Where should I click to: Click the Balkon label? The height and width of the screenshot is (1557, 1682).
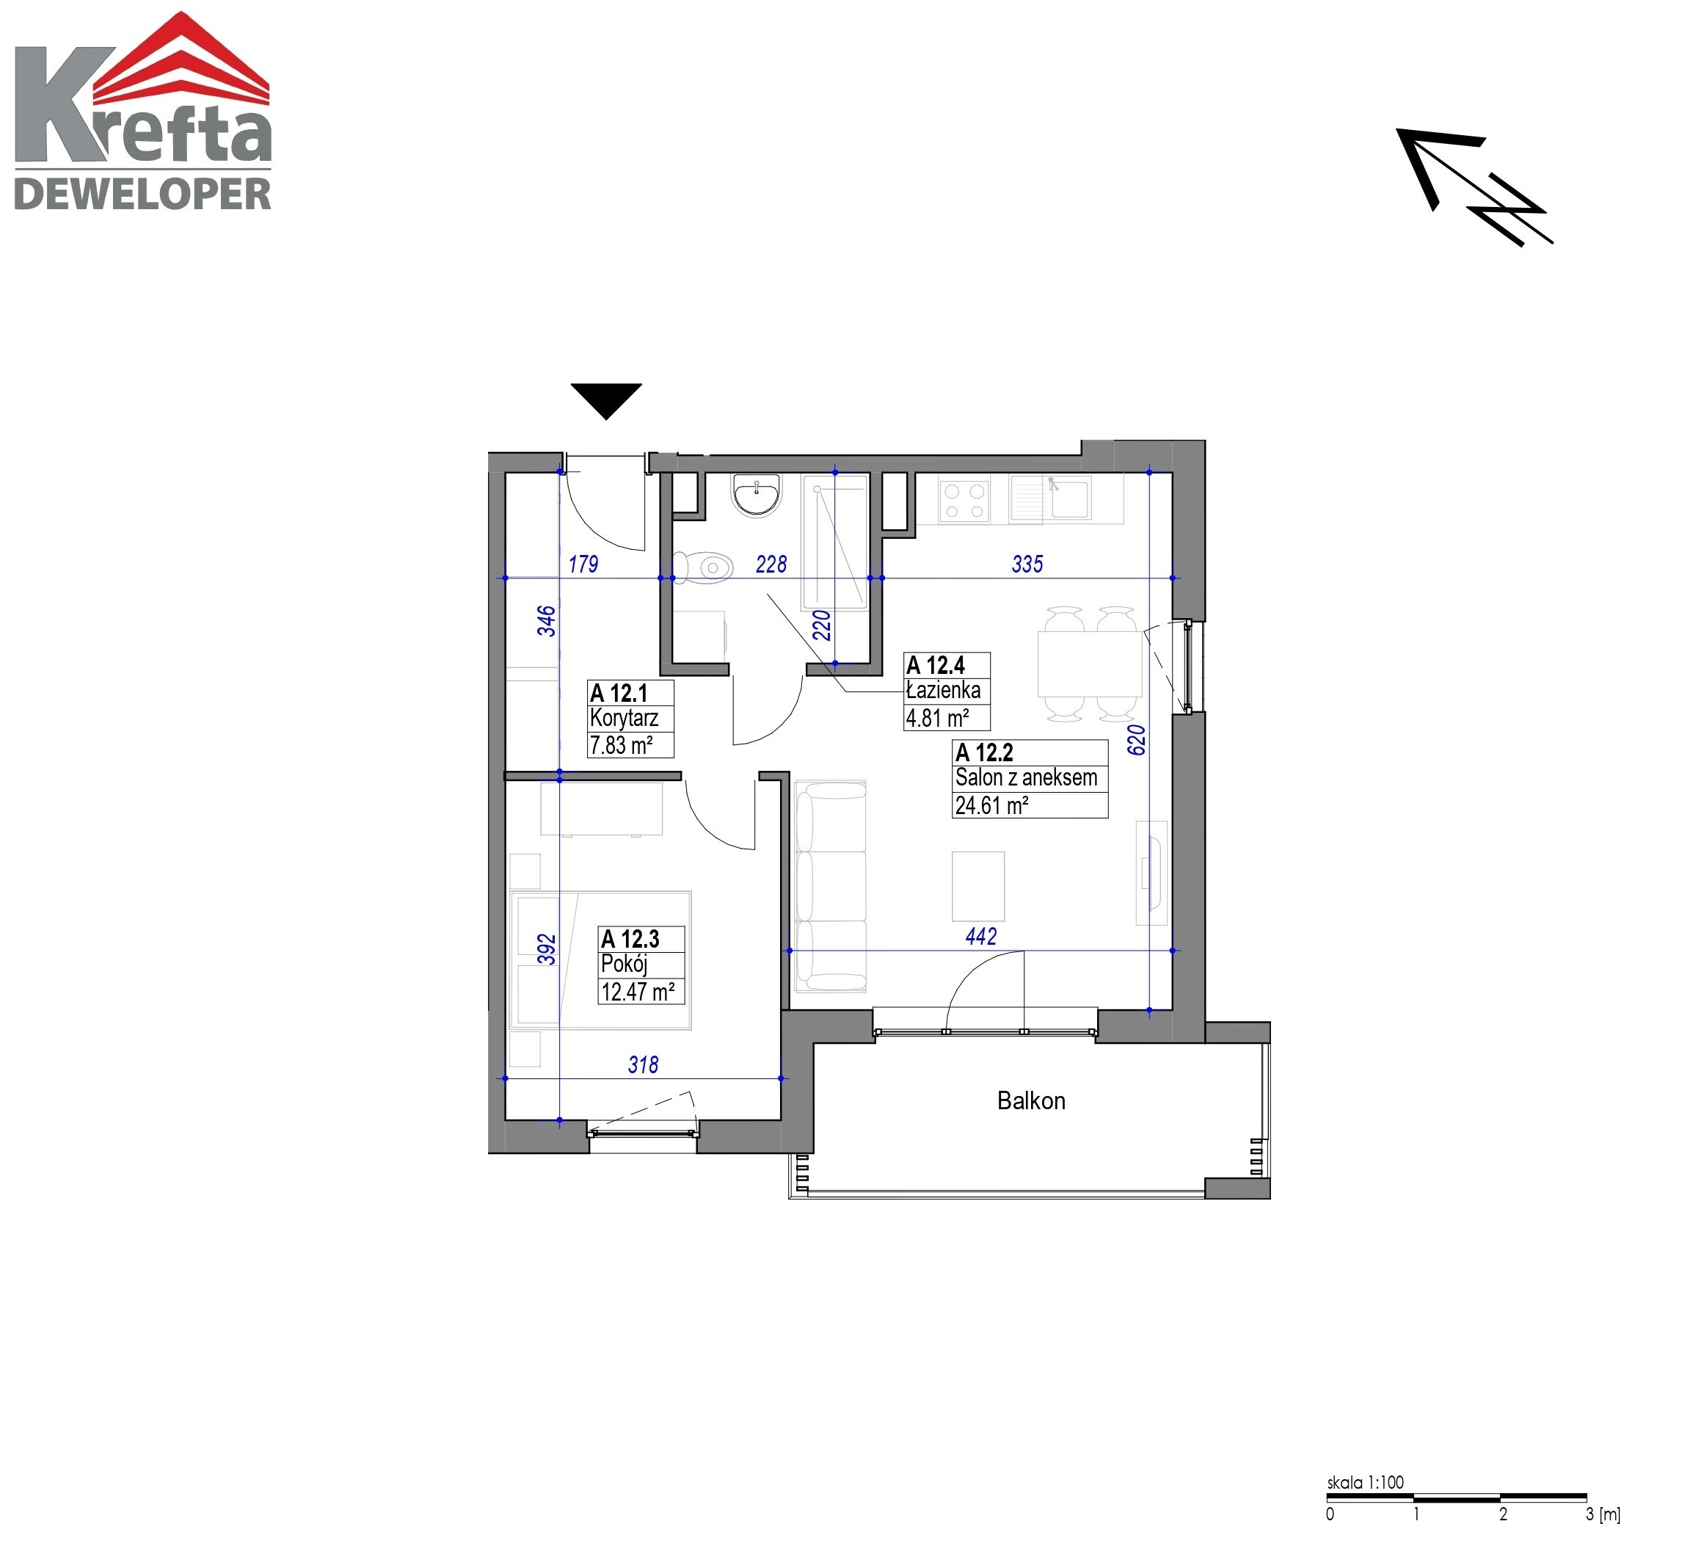1030,1100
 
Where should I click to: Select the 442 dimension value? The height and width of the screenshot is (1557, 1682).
980,936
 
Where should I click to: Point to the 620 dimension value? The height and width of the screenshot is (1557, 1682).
1136,740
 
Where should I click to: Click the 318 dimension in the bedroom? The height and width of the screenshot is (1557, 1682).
643,1065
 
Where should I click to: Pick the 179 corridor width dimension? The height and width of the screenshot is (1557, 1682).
583,564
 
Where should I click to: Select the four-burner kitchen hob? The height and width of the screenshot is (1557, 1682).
964,500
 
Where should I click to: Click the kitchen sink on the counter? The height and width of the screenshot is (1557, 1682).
1051,498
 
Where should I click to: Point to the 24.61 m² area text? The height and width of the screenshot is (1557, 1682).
991,805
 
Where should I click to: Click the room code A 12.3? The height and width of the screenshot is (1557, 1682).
630,939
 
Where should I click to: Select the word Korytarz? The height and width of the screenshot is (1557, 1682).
624,718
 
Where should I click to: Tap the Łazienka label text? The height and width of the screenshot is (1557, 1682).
943,690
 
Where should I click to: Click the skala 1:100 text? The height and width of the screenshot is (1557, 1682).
1365,1482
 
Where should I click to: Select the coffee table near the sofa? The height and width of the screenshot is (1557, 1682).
978,885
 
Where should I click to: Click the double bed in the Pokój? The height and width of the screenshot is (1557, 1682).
600,959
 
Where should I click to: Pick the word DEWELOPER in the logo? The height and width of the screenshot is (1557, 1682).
143,194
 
